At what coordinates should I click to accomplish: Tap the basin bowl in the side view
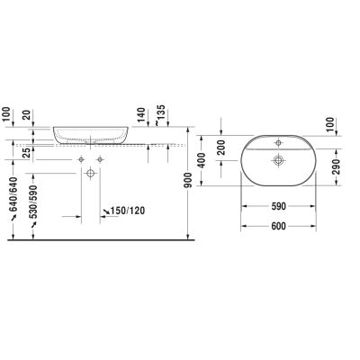[91, 135]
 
